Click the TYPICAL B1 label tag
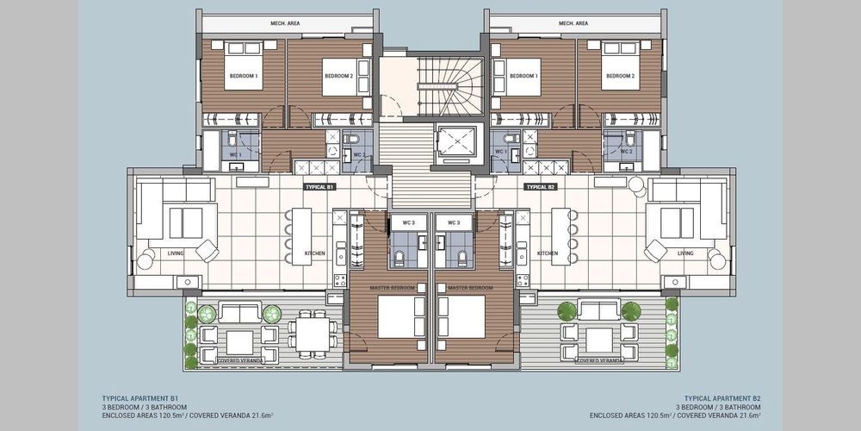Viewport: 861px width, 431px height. pos(319,187)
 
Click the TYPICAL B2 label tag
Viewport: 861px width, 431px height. pos(542,187)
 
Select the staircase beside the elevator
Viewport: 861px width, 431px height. pos(450,86)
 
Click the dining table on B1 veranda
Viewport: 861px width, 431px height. pos(313,334)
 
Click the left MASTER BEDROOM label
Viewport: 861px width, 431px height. pos(389,288)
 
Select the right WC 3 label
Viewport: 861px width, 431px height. pos(454,222)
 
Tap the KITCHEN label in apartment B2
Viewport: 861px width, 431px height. pos(548,253)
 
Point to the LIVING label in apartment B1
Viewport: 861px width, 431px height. pos(176,253)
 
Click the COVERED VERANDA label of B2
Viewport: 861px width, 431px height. pos(599,360)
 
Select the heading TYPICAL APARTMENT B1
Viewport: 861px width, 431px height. pos(140,397)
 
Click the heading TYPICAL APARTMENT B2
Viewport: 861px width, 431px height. pos(722,397)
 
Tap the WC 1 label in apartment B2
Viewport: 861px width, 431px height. pos(500,151)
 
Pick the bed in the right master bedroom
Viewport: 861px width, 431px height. pos(462,317)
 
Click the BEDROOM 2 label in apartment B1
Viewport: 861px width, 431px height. pos(338,76)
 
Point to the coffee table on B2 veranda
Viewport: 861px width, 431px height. pos(599,340)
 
